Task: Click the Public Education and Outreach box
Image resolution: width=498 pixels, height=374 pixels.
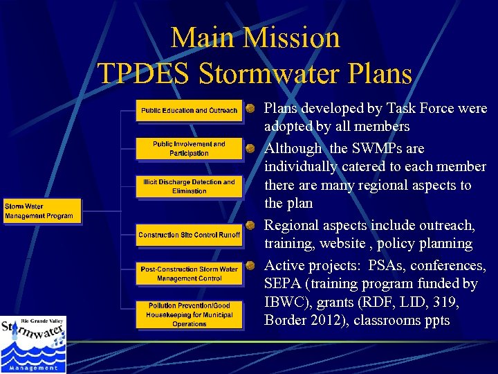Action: coord(189,111)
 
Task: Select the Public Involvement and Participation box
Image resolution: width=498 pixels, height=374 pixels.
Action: coord(189,149)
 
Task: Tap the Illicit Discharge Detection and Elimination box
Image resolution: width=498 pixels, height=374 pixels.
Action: coord(189,186)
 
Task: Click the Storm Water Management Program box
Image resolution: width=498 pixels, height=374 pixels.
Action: coord(41,211)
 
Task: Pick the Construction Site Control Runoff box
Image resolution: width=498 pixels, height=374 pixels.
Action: coord(189,235)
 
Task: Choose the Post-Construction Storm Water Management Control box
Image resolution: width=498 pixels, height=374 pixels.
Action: coord(189,274)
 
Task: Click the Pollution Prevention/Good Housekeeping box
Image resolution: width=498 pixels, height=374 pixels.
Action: coord(189,314)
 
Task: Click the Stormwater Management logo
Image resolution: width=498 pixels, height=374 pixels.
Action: coord(33,345)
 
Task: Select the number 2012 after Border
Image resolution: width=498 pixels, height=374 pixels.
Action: coord(326,321)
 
